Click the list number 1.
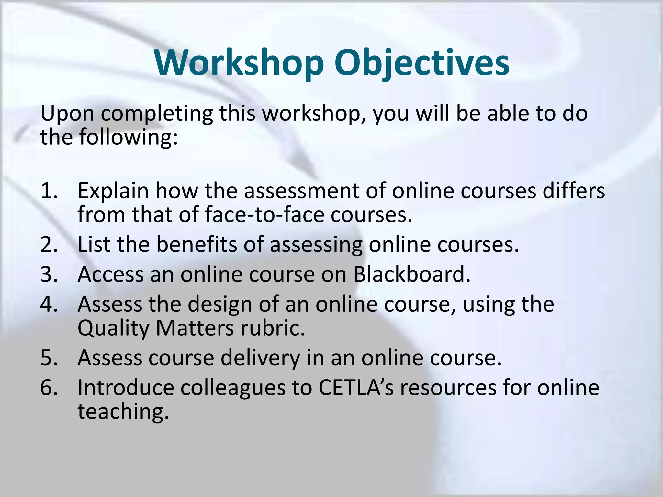point(49,191)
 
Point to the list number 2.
point(49,244)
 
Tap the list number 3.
point(49,274)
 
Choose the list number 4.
point(49,304)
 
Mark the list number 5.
point(49,358)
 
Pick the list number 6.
point(49,388)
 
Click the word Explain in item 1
point(113,191)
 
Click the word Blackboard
point(411,274)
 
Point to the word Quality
point(113,329)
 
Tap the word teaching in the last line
point(123,412)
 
